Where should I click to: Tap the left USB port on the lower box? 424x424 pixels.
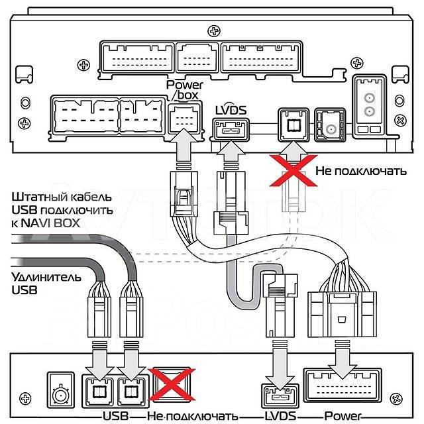tap(96, 390)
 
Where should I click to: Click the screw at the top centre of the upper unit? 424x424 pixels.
tap(211, 30)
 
